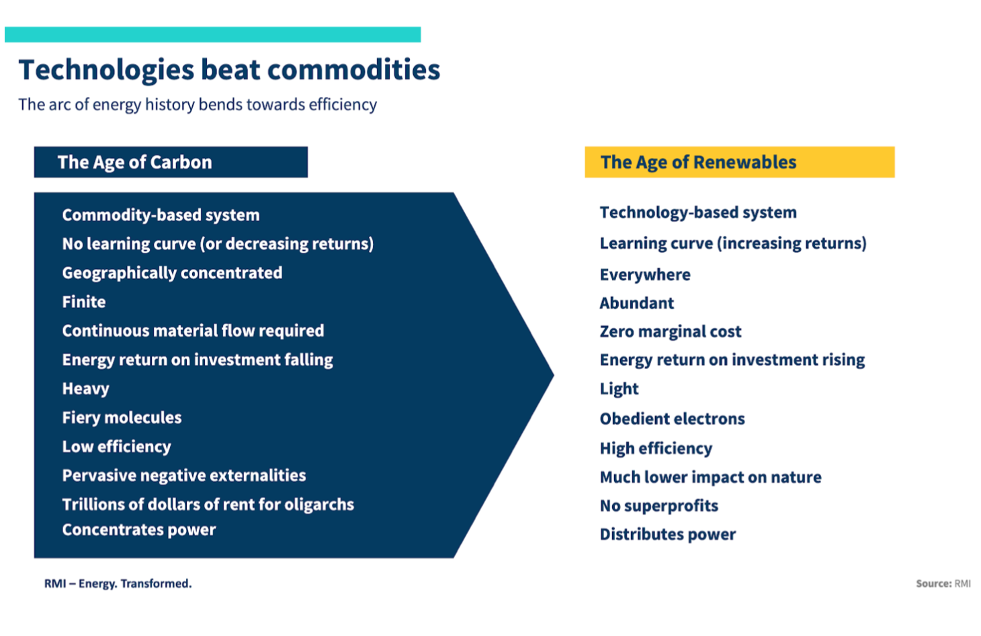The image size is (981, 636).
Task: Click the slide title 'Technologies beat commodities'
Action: [x=229, y=70]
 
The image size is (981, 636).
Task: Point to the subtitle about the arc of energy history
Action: [x=198, y=105]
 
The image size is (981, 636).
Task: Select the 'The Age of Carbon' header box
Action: [x=171, y=162]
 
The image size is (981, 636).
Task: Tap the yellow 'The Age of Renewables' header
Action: [x=739, y=162]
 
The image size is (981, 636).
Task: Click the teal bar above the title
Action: [x=212, y=34]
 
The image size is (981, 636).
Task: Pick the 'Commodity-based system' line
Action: [x=161, y=215]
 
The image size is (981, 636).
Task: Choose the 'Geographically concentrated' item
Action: [x=172, y=273]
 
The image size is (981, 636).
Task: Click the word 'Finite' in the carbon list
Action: [x=84, y=302]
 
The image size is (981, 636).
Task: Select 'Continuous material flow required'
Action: [x=193, y=331]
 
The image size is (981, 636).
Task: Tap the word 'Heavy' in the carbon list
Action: [x=85, y=389]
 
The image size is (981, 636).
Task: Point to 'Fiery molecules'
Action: [x=122, y=418]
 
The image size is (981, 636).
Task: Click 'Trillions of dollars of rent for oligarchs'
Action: [x=208, y=504]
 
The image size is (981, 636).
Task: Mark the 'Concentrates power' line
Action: [x=139, y=530]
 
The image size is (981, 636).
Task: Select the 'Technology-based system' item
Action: [x=698, y=212]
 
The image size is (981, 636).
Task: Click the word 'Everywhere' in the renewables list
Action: [x=645, y=274]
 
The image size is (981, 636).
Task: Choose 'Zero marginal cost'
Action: [x=671, y=331]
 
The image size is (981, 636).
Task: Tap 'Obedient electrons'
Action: [x=672, y=419]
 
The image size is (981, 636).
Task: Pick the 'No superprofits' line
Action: [x=658, y=506]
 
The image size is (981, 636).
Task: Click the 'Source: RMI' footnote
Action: [x=943, y=584]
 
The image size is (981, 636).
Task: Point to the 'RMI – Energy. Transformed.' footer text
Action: [x=118, y=584]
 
